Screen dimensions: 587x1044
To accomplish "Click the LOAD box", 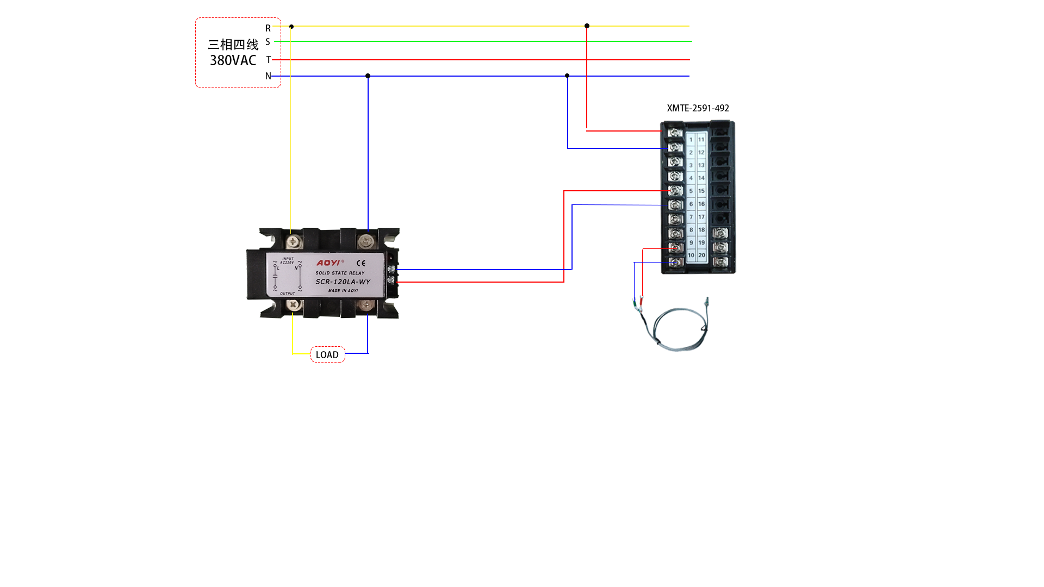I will pos(327,354).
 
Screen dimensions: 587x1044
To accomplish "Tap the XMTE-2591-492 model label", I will pos(698,108).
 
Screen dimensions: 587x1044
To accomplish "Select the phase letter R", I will pos(268,28).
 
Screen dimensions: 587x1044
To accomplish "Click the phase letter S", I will pos(268,42).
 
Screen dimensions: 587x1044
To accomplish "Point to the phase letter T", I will pos(268,60).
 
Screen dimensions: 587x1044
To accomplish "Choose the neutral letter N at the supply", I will pos(268,76).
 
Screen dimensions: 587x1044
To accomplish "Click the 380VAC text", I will pos(233,60).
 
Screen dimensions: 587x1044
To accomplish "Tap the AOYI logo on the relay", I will pos(329,263).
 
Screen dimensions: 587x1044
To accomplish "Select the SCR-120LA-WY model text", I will pos(343,282).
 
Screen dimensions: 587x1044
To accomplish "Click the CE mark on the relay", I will pos(361,264).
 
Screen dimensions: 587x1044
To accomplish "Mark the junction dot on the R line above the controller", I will pos(587,26).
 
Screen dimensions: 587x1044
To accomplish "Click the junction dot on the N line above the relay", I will pos(368,76).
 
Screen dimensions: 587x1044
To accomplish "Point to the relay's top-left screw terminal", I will pos(294,241).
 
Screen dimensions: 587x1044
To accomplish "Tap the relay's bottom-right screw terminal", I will pos(366,305).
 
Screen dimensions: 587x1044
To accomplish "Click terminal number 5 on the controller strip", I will pos(691,191).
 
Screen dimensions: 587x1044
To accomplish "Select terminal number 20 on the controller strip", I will pos(701,255).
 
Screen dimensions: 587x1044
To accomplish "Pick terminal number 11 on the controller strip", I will pos(701,140).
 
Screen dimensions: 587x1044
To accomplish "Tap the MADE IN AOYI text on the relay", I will pos(343,291).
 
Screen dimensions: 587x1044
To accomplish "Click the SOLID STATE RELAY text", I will pos(340,273).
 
